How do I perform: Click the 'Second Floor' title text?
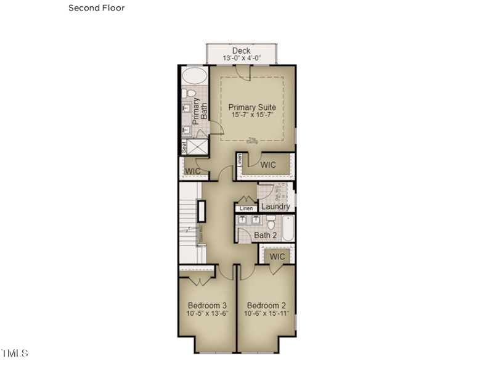point(96,8)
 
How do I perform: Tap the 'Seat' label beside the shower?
point(184,147)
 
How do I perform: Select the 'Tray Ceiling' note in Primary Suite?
point(252,141)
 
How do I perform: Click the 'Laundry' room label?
point(275,207)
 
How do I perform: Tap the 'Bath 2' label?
point(266,235)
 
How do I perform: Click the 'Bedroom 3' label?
point(207,305)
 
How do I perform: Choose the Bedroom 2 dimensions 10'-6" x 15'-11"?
point(266,313)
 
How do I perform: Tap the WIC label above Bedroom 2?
point(277,257)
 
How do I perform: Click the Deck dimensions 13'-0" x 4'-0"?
point(243,58)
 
